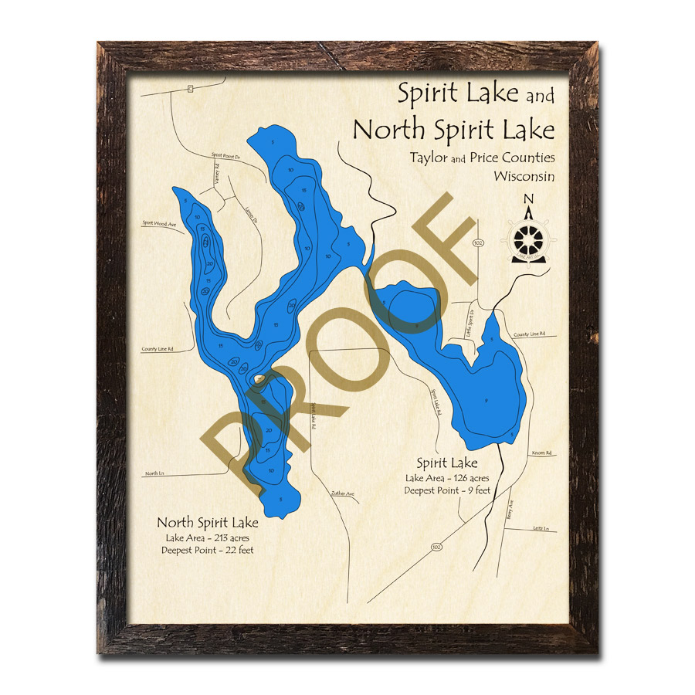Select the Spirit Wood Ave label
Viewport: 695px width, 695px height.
pos(160,224)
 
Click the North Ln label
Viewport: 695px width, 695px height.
pos(156,473)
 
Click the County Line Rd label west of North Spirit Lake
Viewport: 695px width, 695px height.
pos(158,349)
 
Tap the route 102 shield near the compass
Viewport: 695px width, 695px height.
pos(478,242)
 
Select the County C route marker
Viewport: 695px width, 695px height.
pos(191,90)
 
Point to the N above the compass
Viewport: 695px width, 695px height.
pos(529,200)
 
